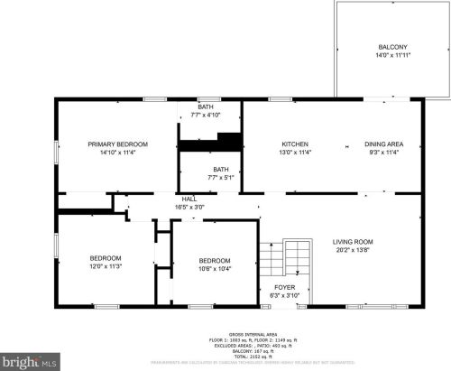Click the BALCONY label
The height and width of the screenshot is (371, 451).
[392, 47]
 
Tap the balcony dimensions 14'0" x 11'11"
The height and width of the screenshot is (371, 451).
[392, 56]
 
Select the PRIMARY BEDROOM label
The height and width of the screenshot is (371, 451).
[117, 144]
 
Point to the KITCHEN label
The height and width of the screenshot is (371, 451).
[296, 144]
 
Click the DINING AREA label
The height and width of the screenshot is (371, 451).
[383, 144]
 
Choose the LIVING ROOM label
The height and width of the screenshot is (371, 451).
[353, 242]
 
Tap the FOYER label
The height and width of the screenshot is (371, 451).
[284, 287]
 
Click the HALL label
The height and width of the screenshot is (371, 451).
[189, 199]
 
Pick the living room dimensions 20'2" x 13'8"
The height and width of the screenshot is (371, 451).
[353, 251]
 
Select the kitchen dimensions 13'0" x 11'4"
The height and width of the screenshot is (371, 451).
[296, 153]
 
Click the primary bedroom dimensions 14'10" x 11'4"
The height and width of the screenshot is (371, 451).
[117, 153]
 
